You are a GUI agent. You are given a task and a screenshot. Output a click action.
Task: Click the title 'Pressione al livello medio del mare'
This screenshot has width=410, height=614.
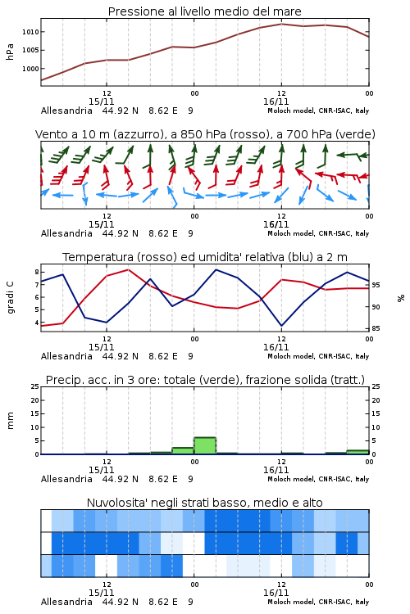(204, 11)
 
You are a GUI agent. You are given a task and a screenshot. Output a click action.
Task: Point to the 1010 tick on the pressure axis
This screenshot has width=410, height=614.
(30, 32)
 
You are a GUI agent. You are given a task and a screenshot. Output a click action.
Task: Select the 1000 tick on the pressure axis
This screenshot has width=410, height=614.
(30, 69)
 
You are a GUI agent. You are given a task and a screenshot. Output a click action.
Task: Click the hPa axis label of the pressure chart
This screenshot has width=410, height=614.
(10, 52)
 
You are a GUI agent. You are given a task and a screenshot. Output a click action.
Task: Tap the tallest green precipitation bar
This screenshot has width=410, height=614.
(205, 445)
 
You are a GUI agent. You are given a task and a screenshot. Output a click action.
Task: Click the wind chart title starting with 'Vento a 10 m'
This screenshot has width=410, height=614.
(205, 134)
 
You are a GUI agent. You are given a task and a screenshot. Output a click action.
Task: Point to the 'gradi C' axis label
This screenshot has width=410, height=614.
(11, 298)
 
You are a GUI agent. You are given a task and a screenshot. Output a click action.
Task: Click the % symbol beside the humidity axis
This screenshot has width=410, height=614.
(401, 298)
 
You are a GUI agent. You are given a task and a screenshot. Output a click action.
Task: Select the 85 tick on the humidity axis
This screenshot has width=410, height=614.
(376, 328)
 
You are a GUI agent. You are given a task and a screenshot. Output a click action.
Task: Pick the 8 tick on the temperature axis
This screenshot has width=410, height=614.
(37, 272)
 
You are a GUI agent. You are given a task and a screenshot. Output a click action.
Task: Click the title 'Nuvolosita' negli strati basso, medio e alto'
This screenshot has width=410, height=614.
(204, 503)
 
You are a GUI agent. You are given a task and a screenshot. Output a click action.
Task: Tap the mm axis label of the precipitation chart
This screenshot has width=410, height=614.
(10, 421)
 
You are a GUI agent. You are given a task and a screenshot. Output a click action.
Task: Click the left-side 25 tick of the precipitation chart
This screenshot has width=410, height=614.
(35, 386)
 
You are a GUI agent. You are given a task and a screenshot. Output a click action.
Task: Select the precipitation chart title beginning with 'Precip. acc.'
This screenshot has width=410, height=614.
(205, 380)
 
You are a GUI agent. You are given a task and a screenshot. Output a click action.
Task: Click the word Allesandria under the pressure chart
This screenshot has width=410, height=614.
(66, 111)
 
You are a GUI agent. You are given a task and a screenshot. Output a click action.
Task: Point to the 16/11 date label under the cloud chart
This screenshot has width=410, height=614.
(276, 593)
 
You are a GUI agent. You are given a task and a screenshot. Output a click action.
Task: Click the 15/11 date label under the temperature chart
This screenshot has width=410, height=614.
(101, 347)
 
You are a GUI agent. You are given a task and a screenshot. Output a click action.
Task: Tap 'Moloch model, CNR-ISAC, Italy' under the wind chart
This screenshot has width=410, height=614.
(318, 233)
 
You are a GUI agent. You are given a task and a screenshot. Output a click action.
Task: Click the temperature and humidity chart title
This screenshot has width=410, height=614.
(205, 257)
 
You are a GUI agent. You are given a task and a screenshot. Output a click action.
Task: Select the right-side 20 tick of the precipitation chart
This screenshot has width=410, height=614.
(376, 400)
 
